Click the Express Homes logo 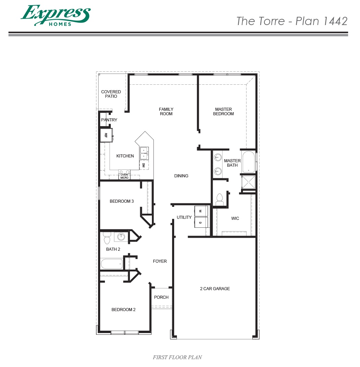(x=55, y=15)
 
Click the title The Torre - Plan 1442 (x=292, y=21)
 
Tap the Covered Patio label (x=111, y=94)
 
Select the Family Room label (x=166, y=111)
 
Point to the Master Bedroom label (x=223, y=111)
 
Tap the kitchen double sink (x=144, y=153)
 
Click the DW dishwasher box (x=143, y=165)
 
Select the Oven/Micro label (x=124, y=176)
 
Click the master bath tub (x=249, y=162)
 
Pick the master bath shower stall (x=249, y=182)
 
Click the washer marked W (x=201, y=211)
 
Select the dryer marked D (x=201, y=222)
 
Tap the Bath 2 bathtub (x=112, y=264)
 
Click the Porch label (x=161, y=297)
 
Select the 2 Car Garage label (x=215, y=289)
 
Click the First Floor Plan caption (x=177, y=357)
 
